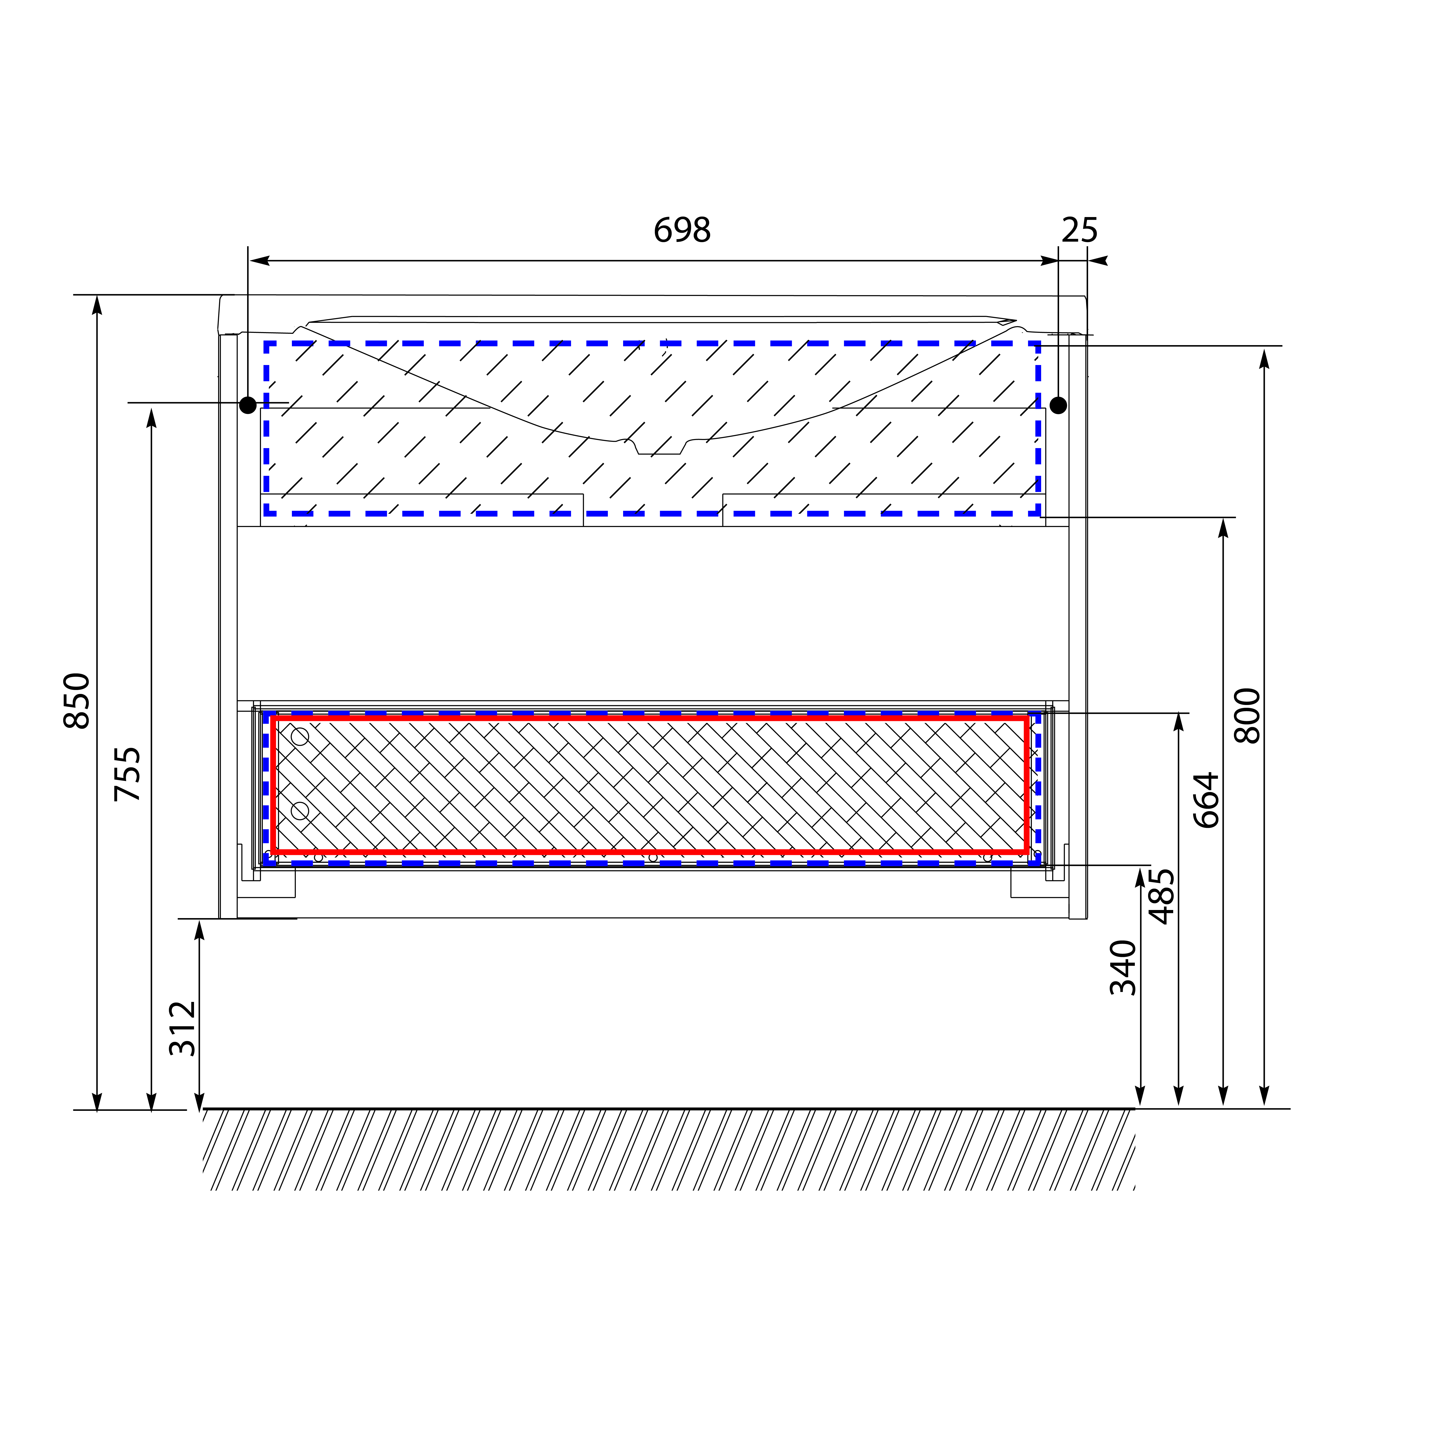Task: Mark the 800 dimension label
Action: tap(1247, 716)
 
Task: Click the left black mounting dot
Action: tap(247, 405)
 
